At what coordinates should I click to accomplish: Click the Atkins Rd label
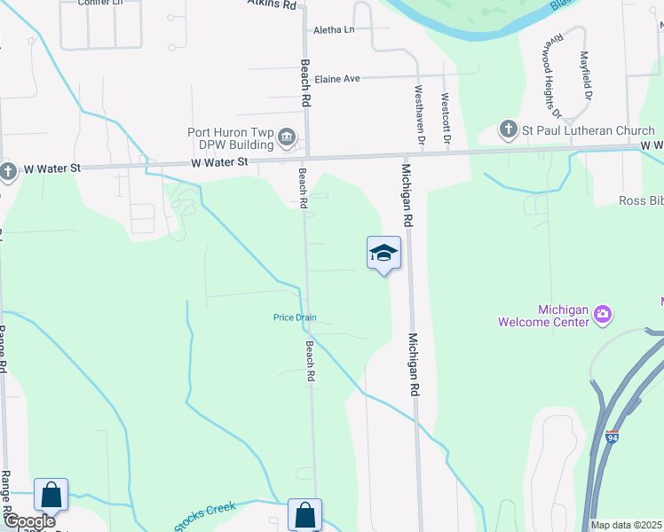(271, 4)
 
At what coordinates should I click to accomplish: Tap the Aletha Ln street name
(334, 30)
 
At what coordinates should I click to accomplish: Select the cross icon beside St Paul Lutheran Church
(509, 130)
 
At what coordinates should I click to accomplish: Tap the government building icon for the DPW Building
(288, 137)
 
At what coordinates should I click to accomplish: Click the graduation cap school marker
(383, 254)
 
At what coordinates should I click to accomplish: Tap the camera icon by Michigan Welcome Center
(604, 314)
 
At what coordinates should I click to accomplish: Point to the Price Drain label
(295, 318)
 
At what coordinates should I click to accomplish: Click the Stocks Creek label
(205, 516)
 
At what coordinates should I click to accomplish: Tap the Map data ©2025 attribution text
(626, 525)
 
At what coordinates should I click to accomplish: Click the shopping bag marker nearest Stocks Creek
(304, 514)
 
